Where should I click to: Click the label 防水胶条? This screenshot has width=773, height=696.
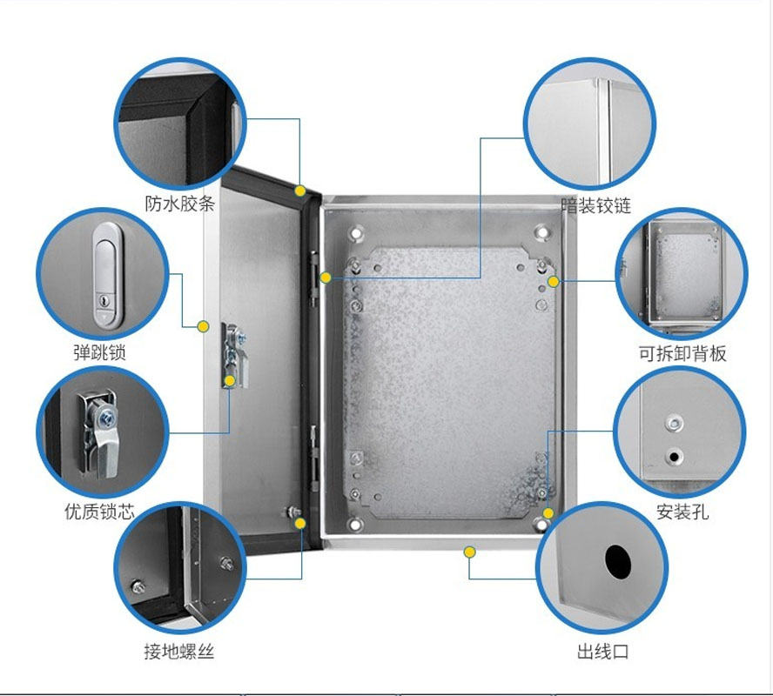point(179,204)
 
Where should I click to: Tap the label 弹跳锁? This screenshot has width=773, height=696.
point(100,353)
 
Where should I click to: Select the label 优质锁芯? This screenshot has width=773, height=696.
point(100,512)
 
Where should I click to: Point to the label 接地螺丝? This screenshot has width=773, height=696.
point(179,652)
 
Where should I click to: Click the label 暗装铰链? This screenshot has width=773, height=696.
point(596,206)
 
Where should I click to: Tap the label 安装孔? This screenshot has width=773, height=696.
point(682,512)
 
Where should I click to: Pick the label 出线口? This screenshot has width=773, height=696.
point(602,652)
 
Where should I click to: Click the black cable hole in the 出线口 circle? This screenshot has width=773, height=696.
point(617,562)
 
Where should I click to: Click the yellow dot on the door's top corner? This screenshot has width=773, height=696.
point(299,191)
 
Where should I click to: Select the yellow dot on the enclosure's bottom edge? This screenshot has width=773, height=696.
point(469,552)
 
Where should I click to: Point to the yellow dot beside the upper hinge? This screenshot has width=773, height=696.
point(326,278)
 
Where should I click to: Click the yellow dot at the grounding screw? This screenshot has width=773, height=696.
point(300,523)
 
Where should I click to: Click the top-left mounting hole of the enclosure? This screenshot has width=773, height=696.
point(356,233)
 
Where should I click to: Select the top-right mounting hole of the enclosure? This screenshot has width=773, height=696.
point(541,233)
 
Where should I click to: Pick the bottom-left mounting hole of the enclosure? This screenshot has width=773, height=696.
point(356,525)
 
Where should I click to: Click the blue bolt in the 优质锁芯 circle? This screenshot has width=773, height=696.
point(106,418)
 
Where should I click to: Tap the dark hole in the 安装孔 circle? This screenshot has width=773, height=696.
point(674,455)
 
